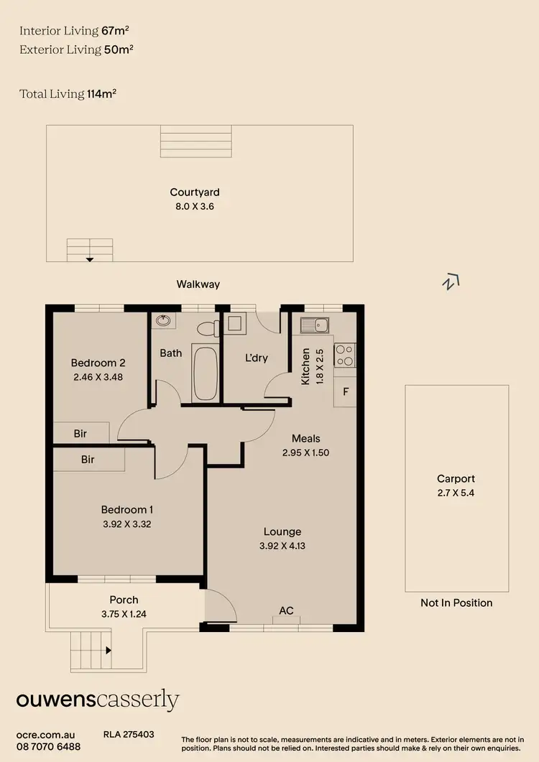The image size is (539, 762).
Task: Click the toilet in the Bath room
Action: click(207, 330)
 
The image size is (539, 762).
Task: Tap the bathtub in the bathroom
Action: click(206, 373)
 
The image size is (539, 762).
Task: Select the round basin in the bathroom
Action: click(163, 321)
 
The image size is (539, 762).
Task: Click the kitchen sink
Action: click(315, 326)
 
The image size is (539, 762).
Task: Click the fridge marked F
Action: click(345, 392)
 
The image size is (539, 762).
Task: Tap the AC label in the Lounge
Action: click(286, 610)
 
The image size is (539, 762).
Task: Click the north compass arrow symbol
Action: click(451, 282)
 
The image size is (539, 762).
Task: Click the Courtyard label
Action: click(195, 192)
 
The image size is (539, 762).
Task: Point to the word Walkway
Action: click(198, 284)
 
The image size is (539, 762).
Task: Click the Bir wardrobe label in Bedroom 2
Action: click(80, 434)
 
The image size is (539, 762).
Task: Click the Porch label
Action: click(124, 600)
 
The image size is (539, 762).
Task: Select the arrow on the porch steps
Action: click(108, 651)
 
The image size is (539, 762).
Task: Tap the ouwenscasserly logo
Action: click(98, 700)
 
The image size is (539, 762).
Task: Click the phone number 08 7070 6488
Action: click(48, 747)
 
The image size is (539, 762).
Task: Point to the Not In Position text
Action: click(456, 603)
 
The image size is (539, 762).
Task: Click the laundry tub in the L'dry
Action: click(234, 324)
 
